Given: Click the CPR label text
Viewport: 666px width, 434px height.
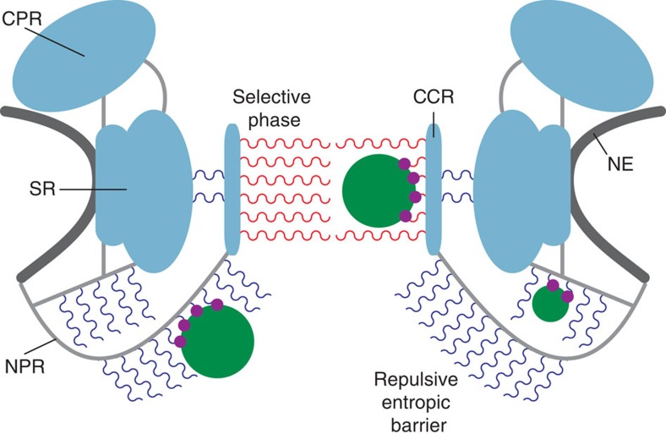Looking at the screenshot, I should (21, 16).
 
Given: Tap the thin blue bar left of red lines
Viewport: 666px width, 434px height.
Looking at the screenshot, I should (232, 188).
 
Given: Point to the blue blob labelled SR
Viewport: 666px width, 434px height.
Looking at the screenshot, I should (144, 190).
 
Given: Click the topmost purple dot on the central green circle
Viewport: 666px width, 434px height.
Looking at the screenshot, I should (404, 163).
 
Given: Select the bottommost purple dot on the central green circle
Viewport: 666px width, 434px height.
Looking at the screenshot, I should (405, 217).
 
